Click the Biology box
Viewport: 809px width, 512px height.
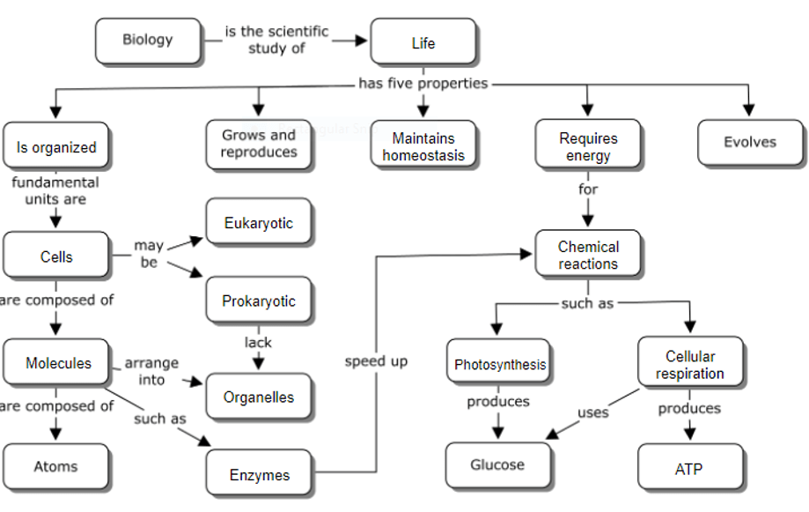pos(148,40)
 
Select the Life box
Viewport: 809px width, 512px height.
pos(423,42)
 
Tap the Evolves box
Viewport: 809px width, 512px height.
pos(750,142)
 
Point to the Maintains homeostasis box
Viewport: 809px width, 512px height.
pos(423,146)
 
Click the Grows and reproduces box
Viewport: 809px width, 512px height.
pos(259,144)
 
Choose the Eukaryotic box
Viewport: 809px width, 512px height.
pos(259,223)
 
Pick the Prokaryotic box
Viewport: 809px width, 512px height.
pos(259,301)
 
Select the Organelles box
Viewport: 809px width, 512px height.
pos(259,397)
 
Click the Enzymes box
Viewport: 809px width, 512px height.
pos(260,475)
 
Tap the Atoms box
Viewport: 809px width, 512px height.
pos(56,467)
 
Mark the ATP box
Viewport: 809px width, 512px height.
pos(689,470)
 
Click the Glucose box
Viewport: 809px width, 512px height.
pos(497,465)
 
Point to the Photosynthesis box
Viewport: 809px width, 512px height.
pos(499,364)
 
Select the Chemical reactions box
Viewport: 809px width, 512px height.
pos(588,256)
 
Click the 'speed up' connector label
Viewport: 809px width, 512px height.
pos(376,361)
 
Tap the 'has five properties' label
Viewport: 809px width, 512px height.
pos(423,84)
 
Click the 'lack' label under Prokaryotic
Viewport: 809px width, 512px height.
pos(259,342)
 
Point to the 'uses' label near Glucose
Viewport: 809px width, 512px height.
pos(592,412)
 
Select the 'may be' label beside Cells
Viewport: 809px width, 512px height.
pos(149,254)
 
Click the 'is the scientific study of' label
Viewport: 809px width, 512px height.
pos(276,40)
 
